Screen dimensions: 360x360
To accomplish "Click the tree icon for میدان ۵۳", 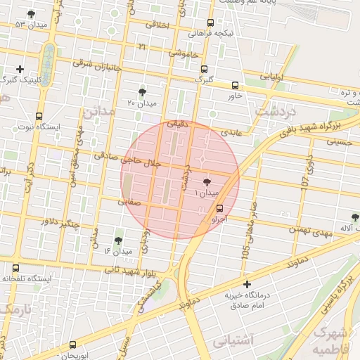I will tap(30, 14).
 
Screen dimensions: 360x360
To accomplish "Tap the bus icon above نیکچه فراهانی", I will tap(210, 22).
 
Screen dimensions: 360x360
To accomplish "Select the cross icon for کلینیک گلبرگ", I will tap(20, 69).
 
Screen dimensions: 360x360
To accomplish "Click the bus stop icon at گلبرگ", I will tap(204, 69).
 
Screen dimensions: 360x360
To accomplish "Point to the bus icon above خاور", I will tap(235, 85).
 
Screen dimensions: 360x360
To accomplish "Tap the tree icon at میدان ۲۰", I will tap(143, 92).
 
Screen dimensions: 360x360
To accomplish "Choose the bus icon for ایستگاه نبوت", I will tap(39, 117).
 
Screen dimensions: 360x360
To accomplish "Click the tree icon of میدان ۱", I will tap(205, 182).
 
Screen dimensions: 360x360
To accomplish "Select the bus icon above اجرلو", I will tap(220, 208).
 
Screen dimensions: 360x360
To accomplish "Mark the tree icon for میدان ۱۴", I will tap(117, 240).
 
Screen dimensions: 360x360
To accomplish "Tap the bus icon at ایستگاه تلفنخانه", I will tap(16, 268).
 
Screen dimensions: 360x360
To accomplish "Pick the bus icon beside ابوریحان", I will tap(73, 345).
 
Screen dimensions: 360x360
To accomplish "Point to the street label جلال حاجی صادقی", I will tap(133, 161).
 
